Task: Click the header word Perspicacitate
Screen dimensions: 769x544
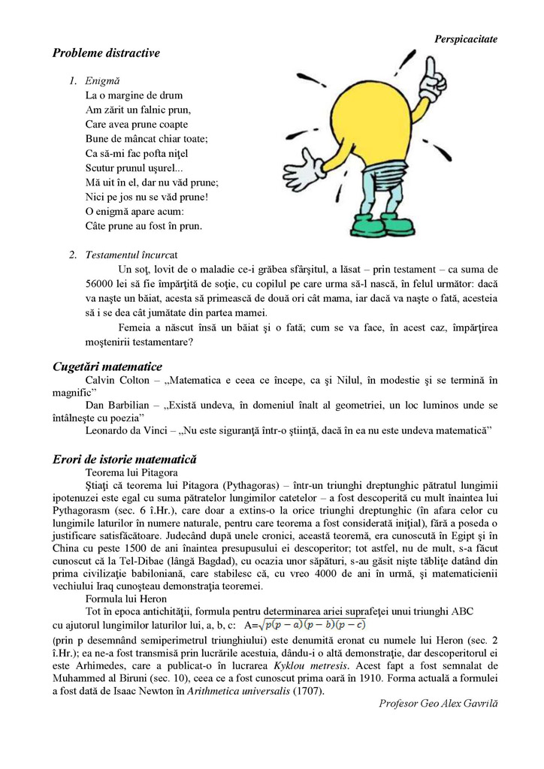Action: [466, 38]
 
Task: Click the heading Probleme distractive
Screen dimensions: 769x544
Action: [106, 53]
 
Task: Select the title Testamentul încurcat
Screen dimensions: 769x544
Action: [131, 255]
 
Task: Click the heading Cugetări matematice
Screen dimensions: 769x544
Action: [107, 366]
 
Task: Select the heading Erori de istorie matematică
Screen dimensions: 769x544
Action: [125, 459]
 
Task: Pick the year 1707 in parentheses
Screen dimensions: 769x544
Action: [308, 691]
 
